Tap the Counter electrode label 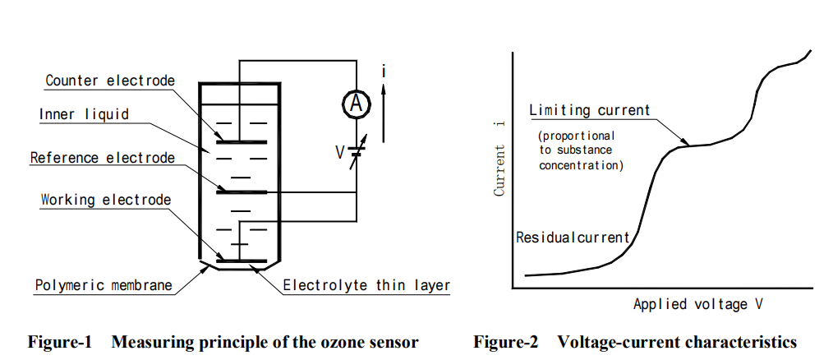pos(109,81)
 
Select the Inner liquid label pos(84,114)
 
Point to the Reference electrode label pos(102,157)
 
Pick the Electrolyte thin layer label pos(366,286)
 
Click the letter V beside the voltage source pos(338,152)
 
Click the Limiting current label pos(589,110)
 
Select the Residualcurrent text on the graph pos(573,238)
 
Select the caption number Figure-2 pos(506,342)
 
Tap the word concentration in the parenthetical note pos(582,165)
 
